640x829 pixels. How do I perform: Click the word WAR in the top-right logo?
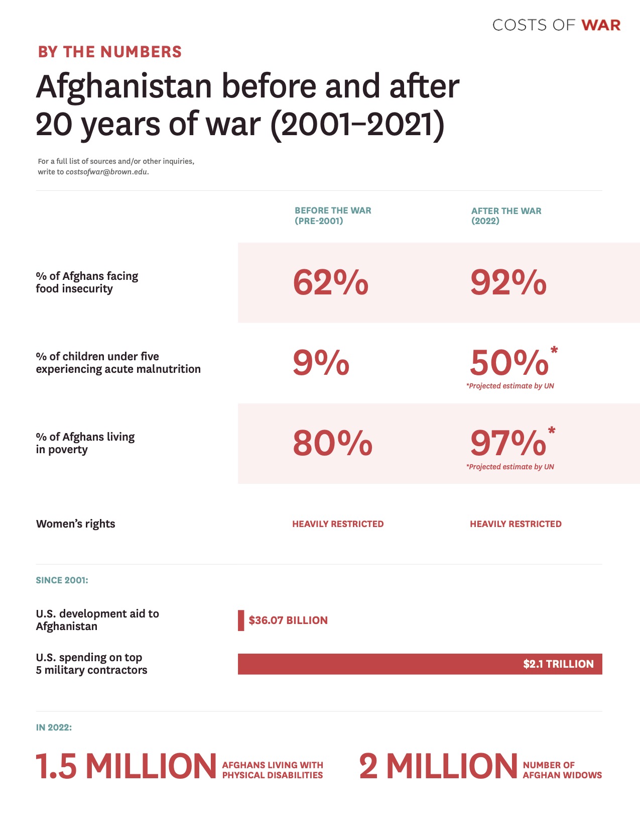601,25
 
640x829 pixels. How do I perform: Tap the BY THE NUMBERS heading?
110,52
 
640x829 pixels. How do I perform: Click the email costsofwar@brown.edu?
106,172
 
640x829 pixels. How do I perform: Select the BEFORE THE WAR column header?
332,216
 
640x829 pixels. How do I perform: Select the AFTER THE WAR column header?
506,216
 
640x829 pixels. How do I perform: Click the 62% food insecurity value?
330,282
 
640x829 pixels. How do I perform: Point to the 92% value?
508,282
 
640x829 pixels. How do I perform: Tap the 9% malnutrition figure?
321,363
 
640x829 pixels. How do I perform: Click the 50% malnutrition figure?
509,363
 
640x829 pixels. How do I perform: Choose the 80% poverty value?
332,443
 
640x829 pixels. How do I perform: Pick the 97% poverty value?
508,443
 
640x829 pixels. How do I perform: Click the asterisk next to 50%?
554,350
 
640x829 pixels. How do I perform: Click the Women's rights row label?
76,524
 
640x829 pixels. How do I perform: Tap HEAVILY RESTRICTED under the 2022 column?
516,524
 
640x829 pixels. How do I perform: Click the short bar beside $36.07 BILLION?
241,620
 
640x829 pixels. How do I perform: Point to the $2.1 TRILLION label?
558,664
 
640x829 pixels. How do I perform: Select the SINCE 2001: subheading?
62,580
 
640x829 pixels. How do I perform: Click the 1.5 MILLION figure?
126,767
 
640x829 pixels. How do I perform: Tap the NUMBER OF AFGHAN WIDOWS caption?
562,770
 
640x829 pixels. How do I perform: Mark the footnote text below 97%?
510,467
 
